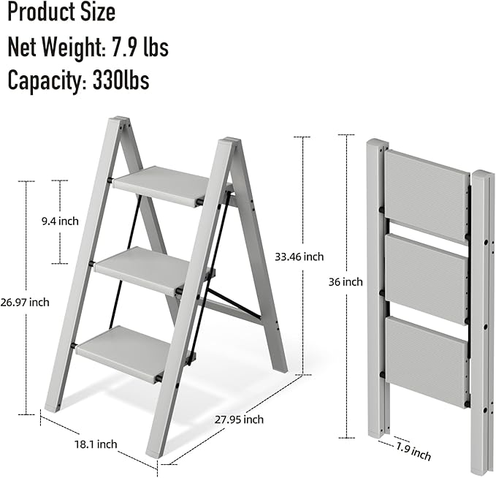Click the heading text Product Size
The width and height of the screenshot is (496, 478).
[61, 12]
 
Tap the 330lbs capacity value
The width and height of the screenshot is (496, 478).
[121, 80]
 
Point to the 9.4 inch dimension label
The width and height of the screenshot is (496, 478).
[59, 221]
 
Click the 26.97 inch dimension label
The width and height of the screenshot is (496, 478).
[25, 302]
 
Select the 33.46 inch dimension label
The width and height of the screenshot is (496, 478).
[299, 257]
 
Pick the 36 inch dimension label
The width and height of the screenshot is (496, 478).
[346, 281]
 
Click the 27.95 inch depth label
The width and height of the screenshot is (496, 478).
[239, 420]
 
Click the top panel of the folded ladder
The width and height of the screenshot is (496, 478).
[426, 194]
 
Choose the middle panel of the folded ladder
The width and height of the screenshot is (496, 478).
[426, 278]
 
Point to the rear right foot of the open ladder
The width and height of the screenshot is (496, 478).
[278, 366]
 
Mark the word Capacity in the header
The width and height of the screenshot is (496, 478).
[45, 80]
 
